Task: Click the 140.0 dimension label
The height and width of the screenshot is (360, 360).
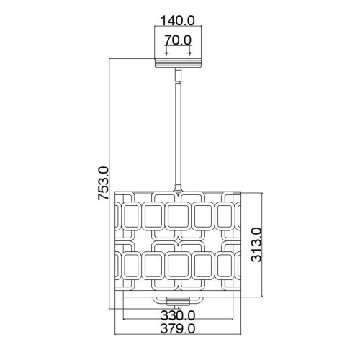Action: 177,21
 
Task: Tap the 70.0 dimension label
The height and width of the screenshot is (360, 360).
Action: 178,40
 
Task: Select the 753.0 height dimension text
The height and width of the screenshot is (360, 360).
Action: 104,184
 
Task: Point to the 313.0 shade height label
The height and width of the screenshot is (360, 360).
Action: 256,245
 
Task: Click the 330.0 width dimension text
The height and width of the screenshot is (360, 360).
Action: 178,315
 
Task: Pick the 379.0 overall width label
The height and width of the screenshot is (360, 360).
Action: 178,329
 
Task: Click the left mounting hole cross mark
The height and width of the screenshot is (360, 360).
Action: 166,53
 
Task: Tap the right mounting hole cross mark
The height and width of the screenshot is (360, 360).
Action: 189,53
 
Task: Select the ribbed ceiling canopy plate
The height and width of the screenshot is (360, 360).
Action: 178,63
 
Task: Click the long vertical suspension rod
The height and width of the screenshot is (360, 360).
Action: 178,135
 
